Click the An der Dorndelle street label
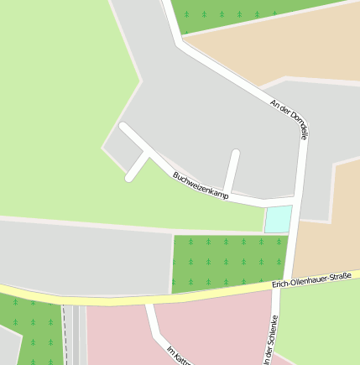pyautogui.click(x=290, y=120)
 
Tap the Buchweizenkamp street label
pyautogui.click(x=201, y=185)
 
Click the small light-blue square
pyautogui.click(x=279, y=218)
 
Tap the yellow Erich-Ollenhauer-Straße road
pyautogui.click(x=126, y=298)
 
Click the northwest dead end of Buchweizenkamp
pyautogui.click(x=123, y=127)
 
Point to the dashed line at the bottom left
pyautogui.click(x=64, y=336)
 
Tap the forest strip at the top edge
pyautogui.click(x=243, y=13)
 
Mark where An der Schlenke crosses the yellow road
pyautogui.click(x=281, y=286)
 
